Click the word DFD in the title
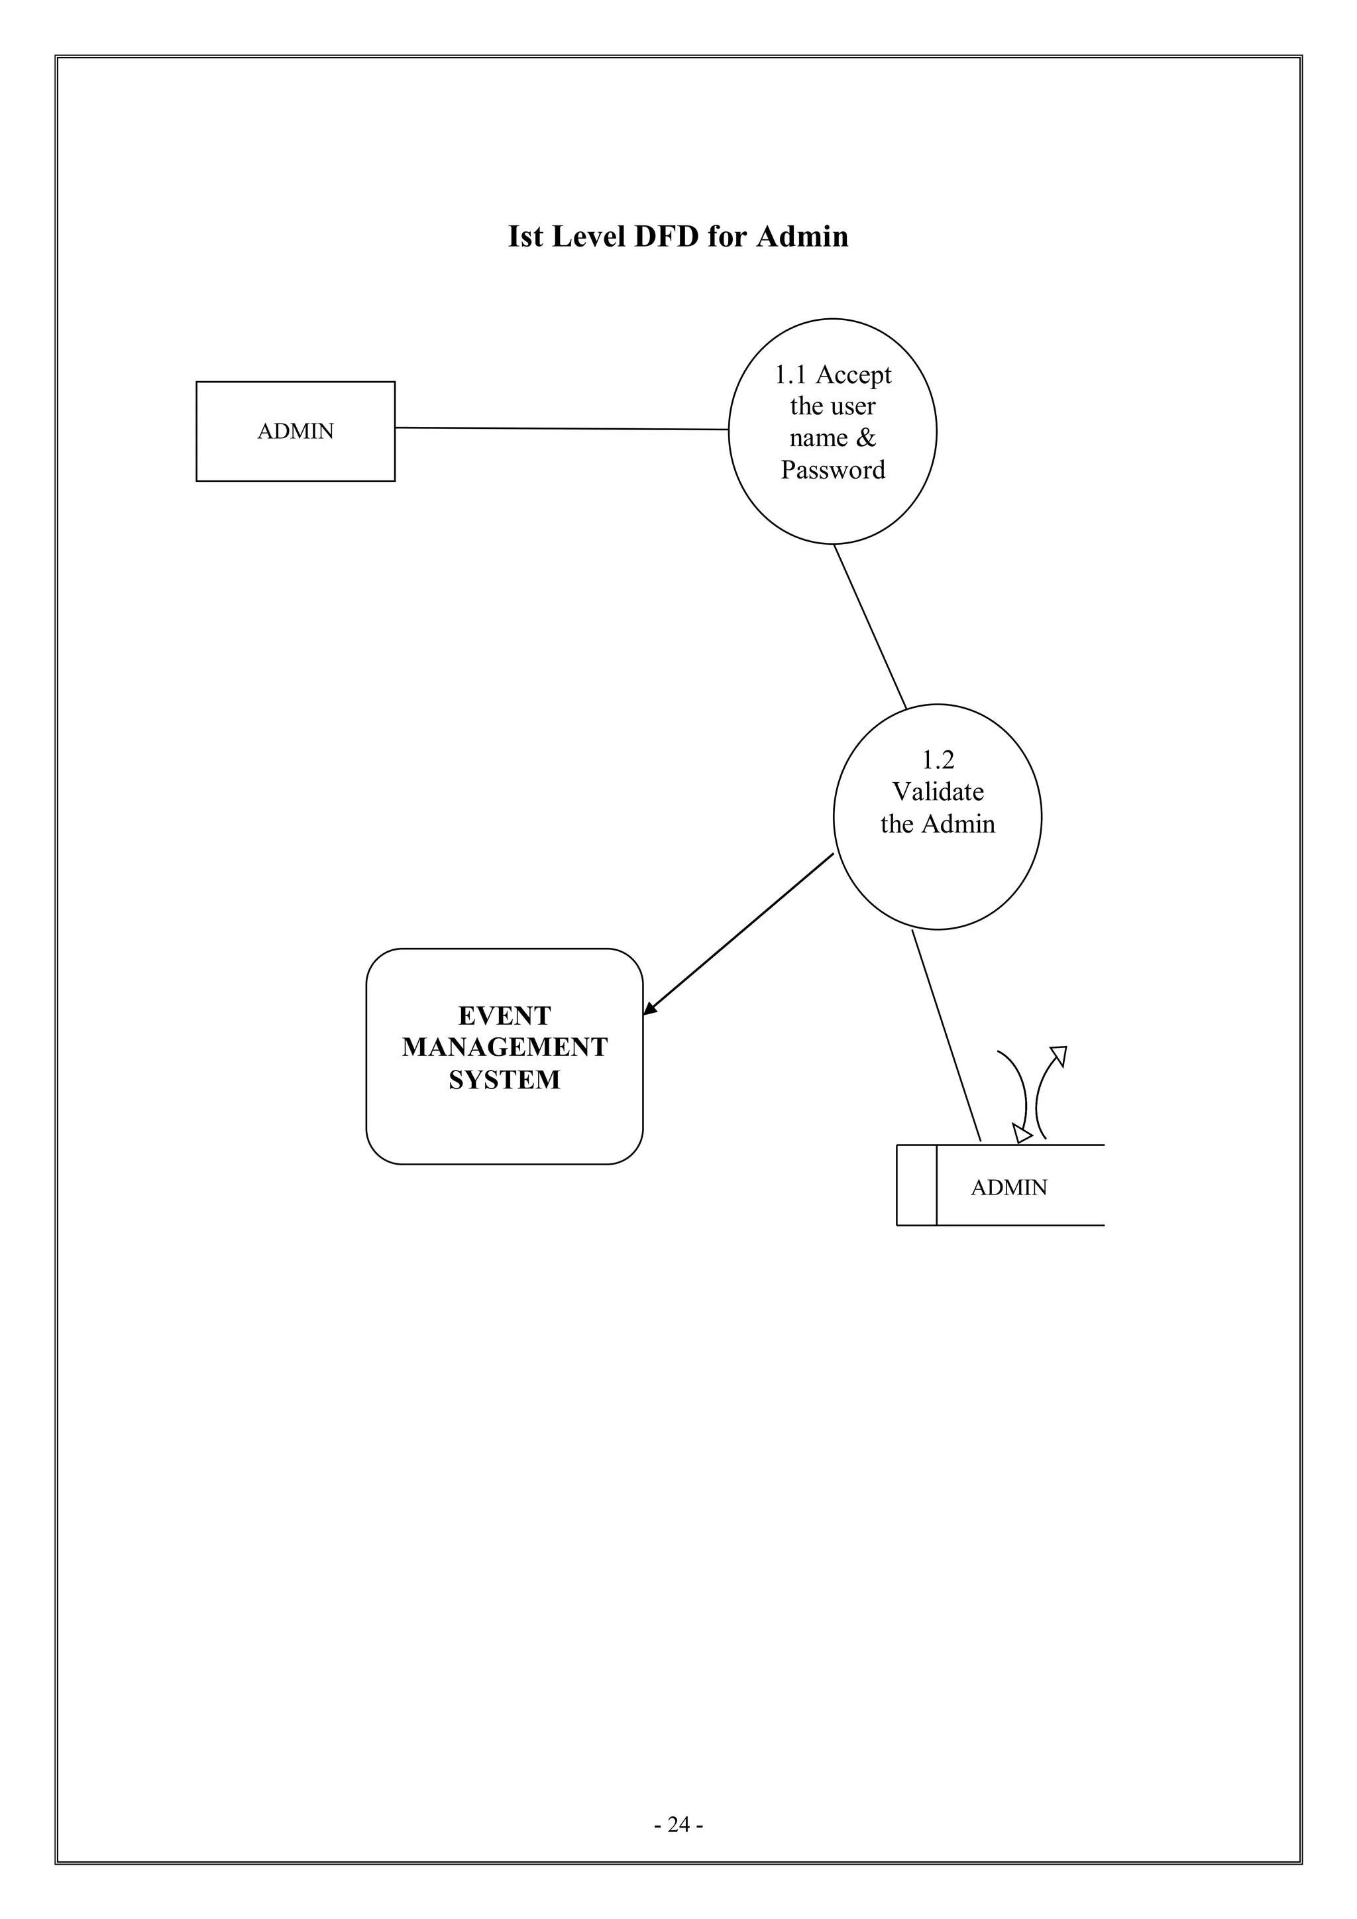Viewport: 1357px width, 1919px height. (666, 237)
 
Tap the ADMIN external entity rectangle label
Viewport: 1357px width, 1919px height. (295, 432)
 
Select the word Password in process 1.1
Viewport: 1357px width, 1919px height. (832, 470)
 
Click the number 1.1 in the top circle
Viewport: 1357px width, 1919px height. (790, 375)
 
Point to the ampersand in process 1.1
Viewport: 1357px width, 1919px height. (865, 438)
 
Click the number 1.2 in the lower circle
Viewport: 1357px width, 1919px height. (937, 760)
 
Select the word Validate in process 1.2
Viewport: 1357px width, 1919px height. (938, 791)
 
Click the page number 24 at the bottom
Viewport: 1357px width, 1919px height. (678, 1848)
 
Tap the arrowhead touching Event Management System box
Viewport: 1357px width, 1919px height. (649, 1010)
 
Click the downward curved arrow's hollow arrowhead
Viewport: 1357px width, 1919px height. (1021, 1134)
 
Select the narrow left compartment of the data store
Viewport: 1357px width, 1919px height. (916, 1185)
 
